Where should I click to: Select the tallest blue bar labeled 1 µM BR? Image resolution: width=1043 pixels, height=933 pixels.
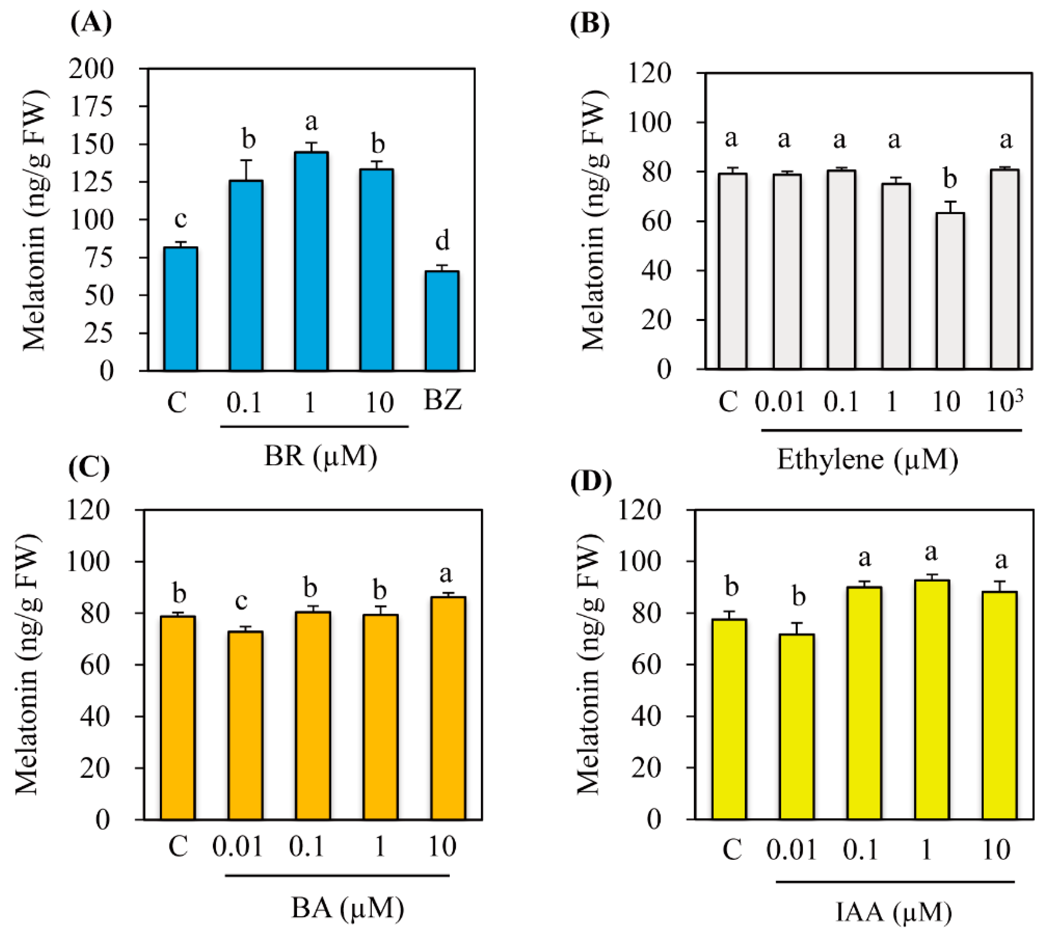point(311,261)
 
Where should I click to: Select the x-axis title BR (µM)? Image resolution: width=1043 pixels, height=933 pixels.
point(320,455)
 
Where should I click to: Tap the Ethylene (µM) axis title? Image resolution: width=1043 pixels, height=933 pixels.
point(867,459)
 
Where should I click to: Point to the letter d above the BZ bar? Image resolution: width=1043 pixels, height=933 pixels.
point(442,240)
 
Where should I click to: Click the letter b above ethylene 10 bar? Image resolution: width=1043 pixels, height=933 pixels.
point(950,179)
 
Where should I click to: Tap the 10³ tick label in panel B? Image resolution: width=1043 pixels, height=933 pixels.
point(1004,401)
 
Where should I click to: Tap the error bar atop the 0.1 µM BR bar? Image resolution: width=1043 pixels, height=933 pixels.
point(246,169)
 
